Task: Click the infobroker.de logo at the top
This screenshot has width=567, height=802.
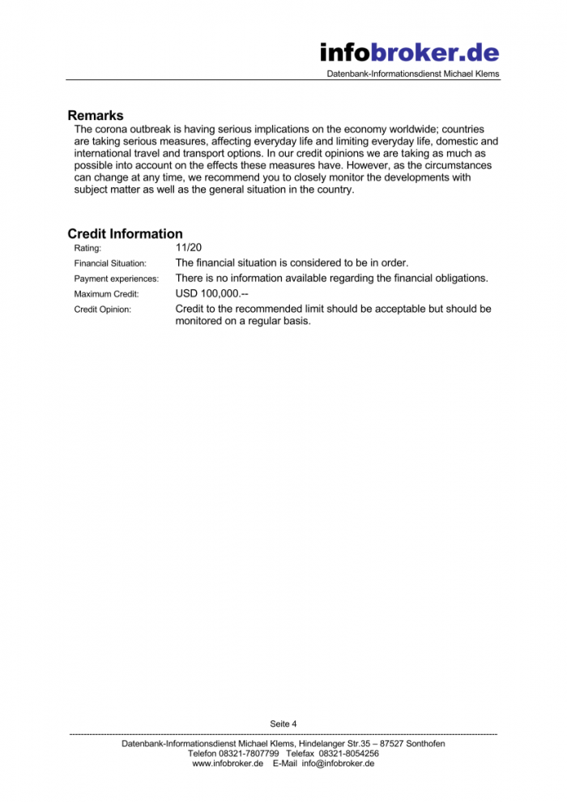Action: pyautogui.click(x=409, y=53)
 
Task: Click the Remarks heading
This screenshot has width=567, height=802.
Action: pyautogui.click(x=96, y=116)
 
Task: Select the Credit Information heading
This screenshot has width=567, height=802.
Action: pyautogui.click(x=125, y=234)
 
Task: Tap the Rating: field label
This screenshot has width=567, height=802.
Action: pyautogui.click(x=88, y=248)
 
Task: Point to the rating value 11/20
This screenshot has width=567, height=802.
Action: pyautogui.click(x=189, y=247)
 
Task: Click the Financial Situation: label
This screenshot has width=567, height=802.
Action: pyautogui.click(x=110, y=263)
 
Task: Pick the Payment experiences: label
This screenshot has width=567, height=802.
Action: pyautogui.click(x=116, y=279)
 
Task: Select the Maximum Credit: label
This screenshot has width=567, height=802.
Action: pyautogui.click(x=106, y=294)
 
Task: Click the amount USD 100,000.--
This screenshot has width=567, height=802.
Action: pyautogui.click(x=211, y=293)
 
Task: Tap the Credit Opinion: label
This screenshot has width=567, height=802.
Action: pyautogui.click(x=102, y=309)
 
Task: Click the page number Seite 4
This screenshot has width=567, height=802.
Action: pyautogui.click(x=283, y=723)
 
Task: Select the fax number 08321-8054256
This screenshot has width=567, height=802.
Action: pyautogui.click(x=349, y=753)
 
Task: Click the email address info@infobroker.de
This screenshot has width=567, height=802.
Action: pyautogui.click(x=338, y=763)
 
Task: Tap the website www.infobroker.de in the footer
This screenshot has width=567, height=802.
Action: pyautogui.click(x=228, y=763)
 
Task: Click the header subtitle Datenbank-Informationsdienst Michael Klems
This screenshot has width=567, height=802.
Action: pyautogui.click(x=413, y=75)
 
